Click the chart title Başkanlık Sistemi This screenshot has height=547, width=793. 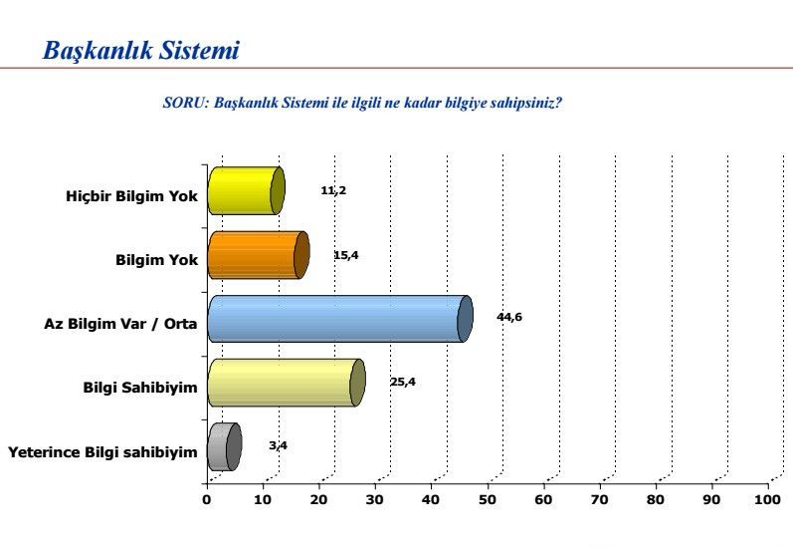tap(141, 50)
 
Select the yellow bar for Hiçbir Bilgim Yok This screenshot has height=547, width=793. tap(244, 191)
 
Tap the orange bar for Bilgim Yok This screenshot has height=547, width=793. tap(256, 255)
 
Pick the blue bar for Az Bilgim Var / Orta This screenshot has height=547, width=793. tap(336, 319)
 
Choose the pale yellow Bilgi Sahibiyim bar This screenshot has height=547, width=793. tap(284, 383)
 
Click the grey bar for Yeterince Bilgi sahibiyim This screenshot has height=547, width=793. tap(223, 446)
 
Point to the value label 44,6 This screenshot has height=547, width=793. tap(509, 317)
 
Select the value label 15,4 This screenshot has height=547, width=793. tap(345, 255)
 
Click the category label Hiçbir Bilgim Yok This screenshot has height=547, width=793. tap(132, 197)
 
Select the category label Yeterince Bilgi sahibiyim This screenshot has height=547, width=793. tap(102, 453)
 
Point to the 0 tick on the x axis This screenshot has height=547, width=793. tap(206, 499)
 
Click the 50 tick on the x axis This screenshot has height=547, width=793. tap(488, 499)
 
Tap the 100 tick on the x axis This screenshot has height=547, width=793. tap(767, 499)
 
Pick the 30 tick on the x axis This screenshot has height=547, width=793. tap(375, 499)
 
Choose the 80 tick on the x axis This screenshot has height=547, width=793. tap(657, 499)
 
